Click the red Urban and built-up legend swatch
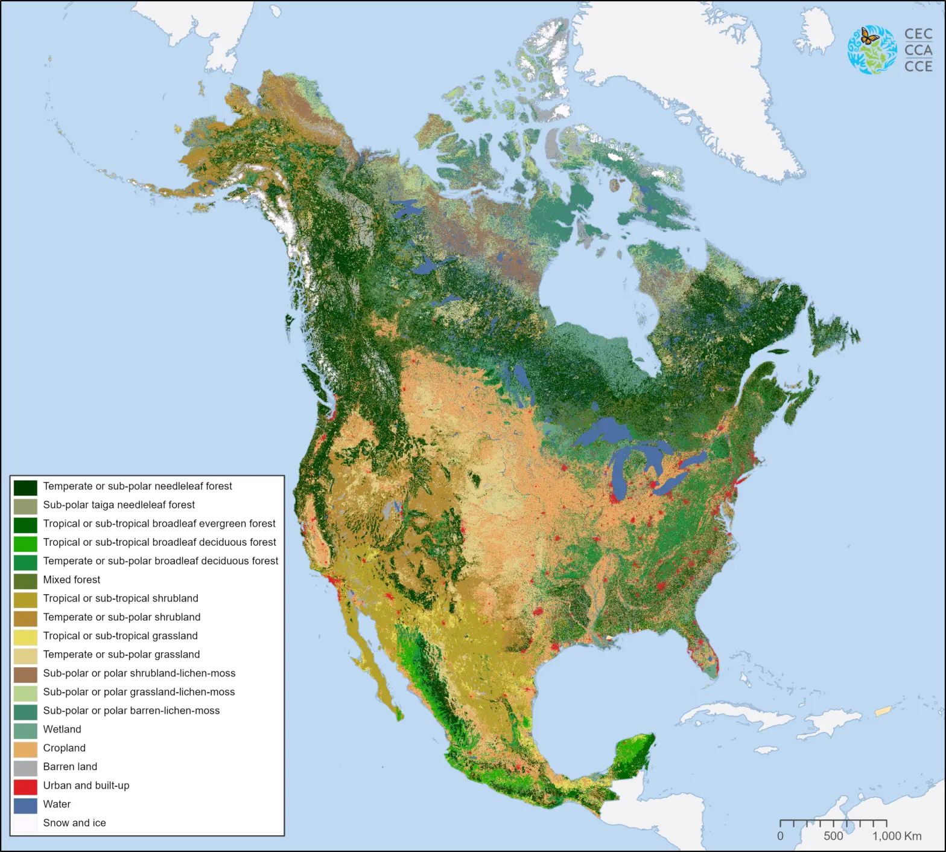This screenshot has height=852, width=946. point(25,786)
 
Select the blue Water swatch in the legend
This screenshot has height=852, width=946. point(25,805)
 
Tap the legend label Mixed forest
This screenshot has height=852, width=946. point(71,580)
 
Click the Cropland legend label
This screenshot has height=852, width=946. point(64,748)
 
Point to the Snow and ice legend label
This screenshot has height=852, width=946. point(74,823)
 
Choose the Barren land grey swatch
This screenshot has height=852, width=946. point(25,767)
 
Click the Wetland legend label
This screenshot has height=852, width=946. point(62,729)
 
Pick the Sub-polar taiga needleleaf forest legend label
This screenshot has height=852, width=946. point(119,505)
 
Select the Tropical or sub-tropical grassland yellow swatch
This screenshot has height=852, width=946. point(25,636)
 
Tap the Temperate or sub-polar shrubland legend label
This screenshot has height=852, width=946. point(121,617)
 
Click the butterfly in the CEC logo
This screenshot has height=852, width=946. point(869,36)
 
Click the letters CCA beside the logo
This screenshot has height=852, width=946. point(918,50)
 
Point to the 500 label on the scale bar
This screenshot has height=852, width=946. point(833,836)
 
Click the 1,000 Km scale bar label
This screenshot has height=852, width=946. point(897,836)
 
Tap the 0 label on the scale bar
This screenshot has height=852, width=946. point(780,836)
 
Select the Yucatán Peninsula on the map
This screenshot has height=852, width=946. point(633,755)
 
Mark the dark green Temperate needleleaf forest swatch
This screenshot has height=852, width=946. point(25,487)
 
